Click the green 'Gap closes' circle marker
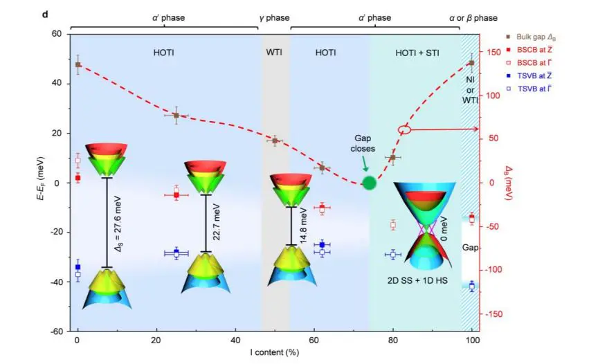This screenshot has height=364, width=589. pyautogui.click(x=370, y=183)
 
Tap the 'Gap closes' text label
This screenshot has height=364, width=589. pyautogui.click(x=361, y=143)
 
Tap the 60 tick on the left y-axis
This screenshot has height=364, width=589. pyautogui.click(x=57, y=34)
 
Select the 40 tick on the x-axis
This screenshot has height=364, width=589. pyautogui.click(x=235, y=341)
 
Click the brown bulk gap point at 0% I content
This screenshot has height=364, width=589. pyautogui.click(x=78, y=64)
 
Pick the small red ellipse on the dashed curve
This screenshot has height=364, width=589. pyautogui.click(x=404, y=129)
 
